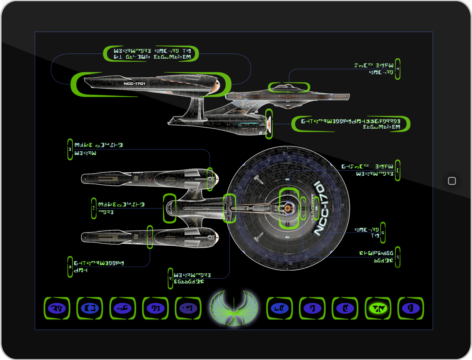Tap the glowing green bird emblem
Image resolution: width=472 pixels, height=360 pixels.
pos(233,308)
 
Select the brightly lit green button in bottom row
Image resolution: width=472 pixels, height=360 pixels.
pos(378,309)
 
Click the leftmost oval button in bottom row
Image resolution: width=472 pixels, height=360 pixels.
pos(57,309)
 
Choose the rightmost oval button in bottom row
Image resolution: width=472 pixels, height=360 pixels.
pos(411,309)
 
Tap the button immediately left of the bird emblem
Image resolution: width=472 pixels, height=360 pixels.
pos(188,309)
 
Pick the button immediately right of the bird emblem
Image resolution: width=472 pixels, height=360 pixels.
pos(279,309)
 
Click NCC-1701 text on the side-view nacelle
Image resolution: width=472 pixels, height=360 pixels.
pos(134,84)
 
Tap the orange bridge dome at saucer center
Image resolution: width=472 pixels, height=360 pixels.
pos(287,208)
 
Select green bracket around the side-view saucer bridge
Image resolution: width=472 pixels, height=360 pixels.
pos(289,87)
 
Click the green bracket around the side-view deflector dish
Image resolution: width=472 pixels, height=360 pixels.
pos(268,124)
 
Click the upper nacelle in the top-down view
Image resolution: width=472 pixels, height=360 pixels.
pos(148,178)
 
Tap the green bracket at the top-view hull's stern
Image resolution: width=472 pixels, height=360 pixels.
pos(170,208)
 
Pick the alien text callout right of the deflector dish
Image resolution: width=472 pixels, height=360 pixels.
pos(350,124)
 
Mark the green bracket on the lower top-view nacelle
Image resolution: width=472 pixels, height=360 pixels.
pos(150,237)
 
